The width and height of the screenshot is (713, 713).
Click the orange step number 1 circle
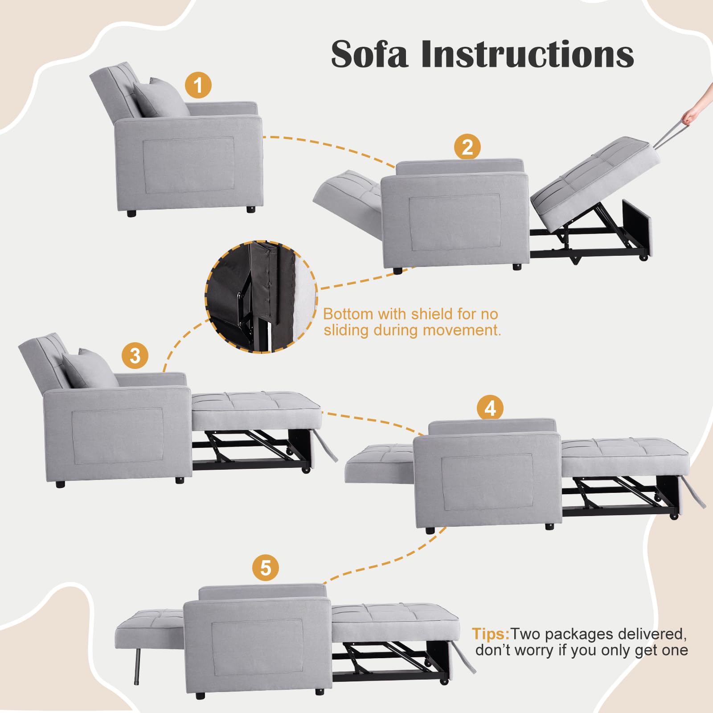tap(198, 85)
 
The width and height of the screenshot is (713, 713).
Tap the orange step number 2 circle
tap(467, 147)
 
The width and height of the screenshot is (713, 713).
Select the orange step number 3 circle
tap(135, 355)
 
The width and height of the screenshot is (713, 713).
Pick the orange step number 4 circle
tap(490, 408)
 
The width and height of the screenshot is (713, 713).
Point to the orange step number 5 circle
tap(266, 568)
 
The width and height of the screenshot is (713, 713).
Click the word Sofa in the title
tap(369, 54)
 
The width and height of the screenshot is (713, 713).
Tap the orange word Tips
tap(491, 633)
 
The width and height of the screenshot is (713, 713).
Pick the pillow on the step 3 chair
tap(90, 369)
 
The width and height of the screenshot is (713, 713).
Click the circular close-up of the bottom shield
tap(261, 297)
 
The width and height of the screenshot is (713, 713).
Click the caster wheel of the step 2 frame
tap(643, 258)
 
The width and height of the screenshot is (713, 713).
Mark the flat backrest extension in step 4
tap(380, 463)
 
